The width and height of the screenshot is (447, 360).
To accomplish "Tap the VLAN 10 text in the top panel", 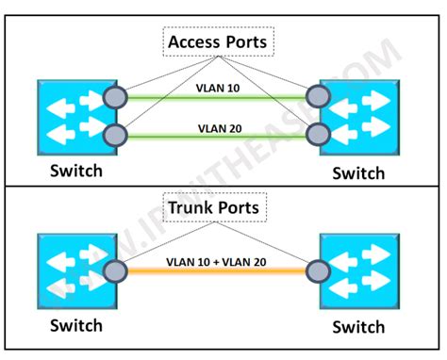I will point(217,87).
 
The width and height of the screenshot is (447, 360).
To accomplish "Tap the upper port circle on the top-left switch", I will point(116,96).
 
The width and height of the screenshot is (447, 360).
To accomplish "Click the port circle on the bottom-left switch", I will point(116,271).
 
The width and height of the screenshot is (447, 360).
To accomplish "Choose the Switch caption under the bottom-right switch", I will point(358,327).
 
